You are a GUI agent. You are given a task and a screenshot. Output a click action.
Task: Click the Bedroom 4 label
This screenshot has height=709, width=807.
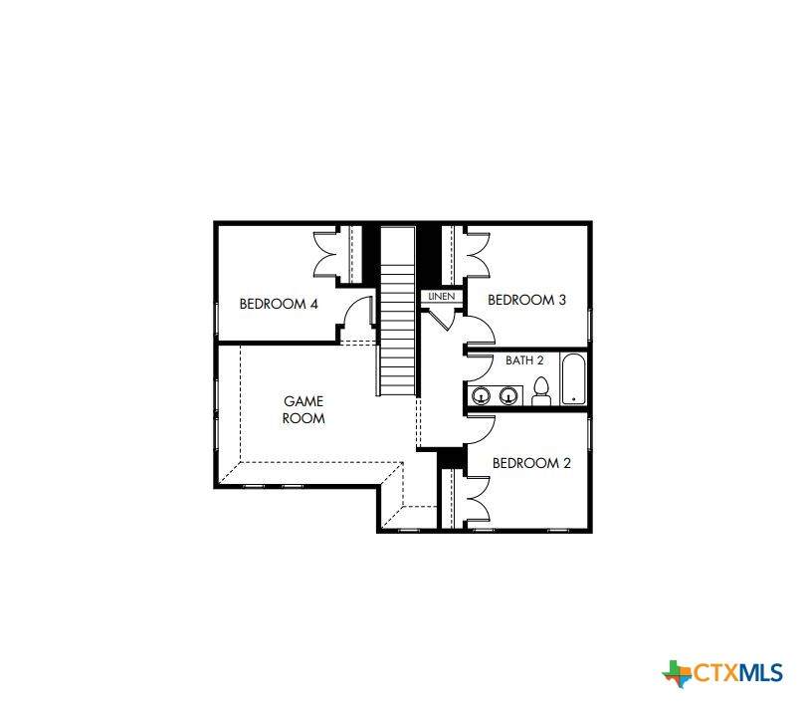pos(279,304)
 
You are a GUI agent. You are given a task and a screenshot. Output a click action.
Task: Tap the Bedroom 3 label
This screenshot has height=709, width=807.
pos(526,300)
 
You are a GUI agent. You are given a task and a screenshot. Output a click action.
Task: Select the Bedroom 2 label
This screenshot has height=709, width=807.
pos(531,463)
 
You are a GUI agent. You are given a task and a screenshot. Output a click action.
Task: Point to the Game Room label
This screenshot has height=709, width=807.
pos(303,410)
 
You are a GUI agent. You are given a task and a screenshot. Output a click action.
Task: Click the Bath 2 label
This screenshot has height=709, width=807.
pos(524,360)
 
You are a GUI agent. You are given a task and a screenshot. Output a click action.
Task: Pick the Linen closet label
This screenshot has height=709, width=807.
pos(442,297)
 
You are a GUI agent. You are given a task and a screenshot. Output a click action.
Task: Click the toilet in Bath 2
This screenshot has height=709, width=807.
pos(541,391)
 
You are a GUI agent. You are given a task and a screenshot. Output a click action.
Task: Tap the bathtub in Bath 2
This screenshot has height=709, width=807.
pos(573,378)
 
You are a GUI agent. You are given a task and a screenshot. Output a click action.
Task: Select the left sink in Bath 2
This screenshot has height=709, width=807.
pos(481,396)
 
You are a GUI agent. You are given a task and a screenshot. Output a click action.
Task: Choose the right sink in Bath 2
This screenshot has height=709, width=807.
pos(507,396)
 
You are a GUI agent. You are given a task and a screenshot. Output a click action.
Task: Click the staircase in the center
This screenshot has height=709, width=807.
pos(397,312)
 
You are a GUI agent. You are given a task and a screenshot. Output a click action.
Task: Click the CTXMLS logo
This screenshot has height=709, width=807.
pos(722,673)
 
